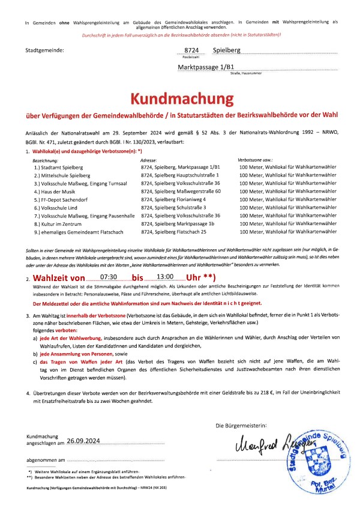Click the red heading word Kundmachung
pyautogui.click(x=180, y=99)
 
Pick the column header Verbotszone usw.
pyautogui.click(x=256, y=161)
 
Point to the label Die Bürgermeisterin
pyautogui.click(x=243, y=425)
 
